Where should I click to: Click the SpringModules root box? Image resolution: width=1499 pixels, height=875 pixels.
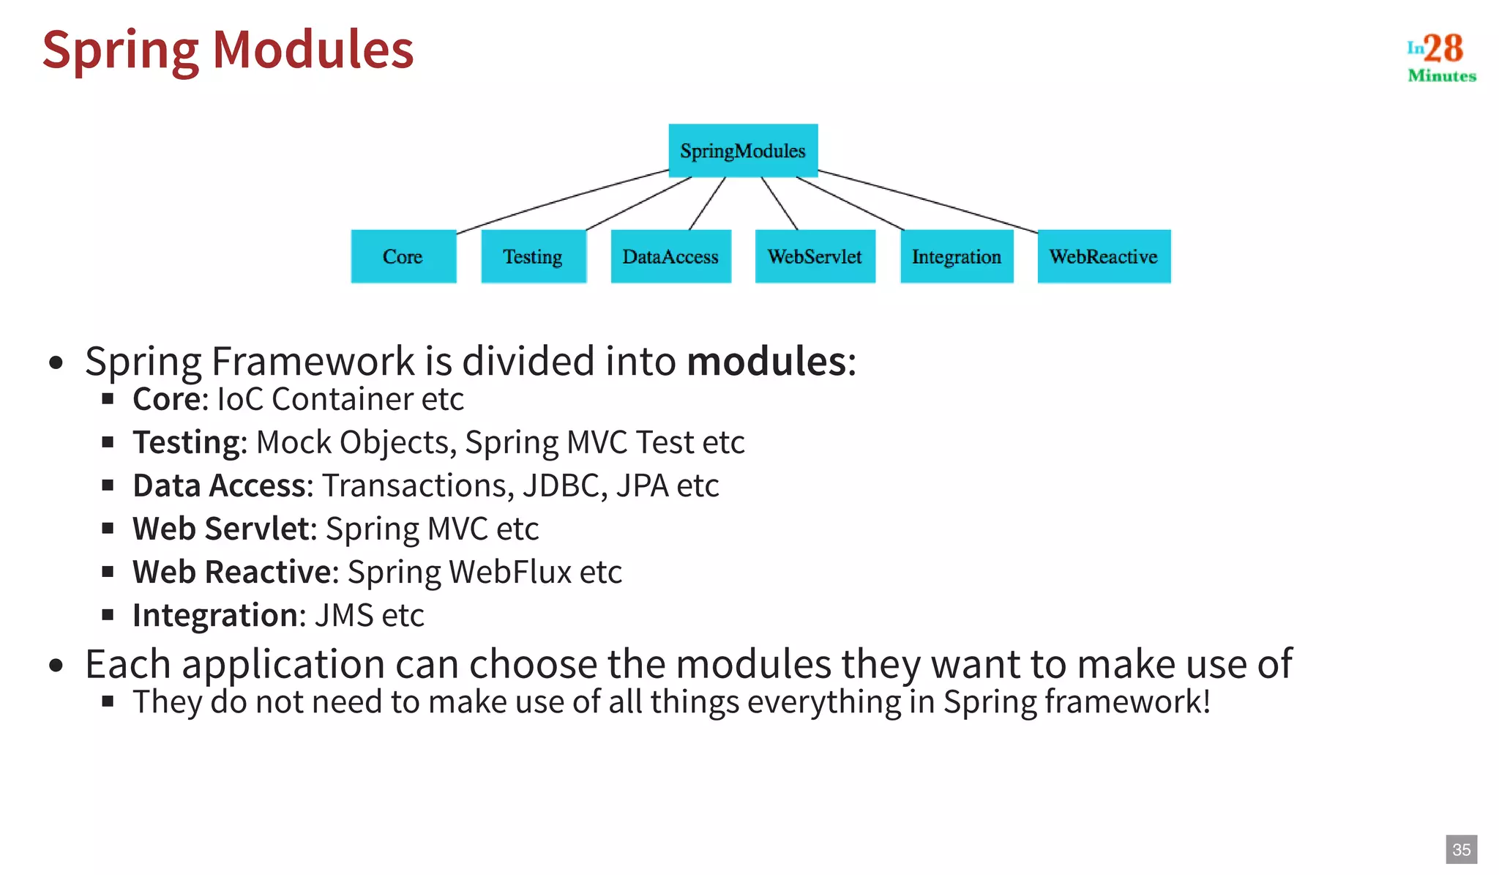tap(743, 151)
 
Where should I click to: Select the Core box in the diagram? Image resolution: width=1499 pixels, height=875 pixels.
tap(403, 256)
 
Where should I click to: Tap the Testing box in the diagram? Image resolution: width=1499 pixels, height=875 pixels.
tap(533, 256)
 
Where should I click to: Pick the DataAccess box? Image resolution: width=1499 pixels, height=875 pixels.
tap(670, 256)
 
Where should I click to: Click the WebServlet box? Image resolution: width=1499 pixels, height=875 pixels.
tap(815, 256)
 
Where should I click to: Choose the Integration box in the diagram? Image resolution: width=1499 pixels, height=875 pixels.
tap(956, 256)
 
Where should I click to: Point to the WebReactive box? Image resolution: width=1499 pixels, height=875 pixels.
tap(1104, 256)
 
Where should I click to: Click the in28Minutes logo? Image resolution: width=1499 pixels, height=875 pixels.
tap(1440, 56)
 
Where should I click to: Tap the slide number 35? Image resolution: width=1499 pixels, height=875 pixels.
tap(1461, 849)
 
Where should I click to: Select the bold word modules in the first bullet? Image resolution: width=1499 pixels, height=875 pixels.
tap(766, 362)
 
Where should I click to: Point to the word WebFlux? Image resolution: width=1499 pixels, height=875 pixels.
tap(510, 573)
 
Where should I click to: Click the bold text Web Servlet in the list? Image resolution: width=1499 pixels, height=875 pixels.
tap(220, 529)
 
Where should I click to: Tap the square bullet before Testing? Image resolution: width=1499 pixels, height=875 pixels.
tap(108, 442)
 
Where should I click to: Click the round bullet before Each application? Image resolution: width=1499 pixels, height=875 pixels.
tap(56, 666)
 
